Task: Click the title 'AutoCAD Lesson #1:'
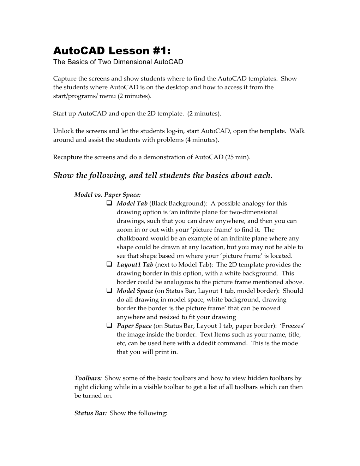point(112,51)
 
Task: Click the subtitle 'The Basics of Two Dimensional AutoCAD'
point(118,62)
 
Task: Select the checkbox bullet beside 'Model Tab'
point(109,203)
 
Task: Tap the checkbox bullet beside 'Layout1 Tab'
point(109,264)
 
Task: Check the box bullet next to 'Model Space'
point(109,291)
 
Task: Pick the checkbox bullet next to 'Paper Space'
point(109,325)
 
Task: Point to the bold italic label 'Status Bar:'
point(91,413)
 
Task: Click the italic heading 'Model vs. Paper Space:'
point(108,195)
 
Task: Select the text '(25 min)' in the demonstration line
point(237,157)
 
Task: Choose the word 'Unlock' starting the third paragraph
point(62,131)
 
